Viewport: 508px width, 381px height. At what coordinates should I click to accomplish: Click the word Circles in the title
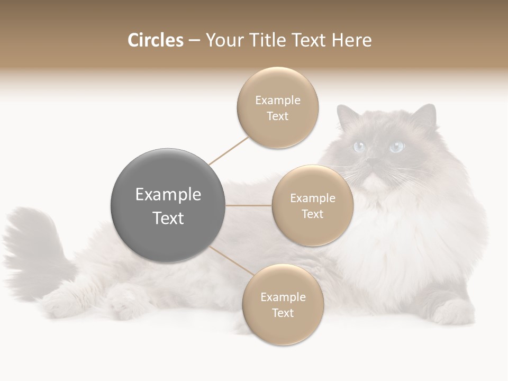click(155, 40)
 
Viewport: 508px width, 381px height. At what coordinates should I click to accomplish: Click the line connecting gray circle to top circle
click(229, 150)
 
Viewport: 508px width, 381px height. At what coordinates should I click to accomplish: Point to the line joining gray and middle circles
click(249, 205)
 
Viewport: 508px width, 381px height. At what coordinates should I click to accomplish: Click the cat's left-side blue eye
click(360, 147)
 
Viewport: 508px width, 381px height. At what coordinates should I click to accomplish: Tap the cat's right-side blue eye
click(396, 147)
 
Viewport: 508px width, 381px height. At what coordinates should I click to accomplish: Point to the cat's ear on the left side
click(347, 116)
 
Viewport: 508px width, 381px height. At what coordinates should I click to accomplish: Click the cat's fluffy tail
click(32, 243)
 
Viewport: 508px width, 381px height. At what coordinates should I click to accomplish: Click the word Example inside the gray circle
click(168, 195)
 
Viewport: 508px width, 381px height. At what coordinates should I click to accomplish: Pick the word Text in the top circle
click(277, 116)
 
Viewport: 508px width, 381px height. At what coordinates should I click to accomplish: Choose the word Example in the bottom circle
click(283, 297)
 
